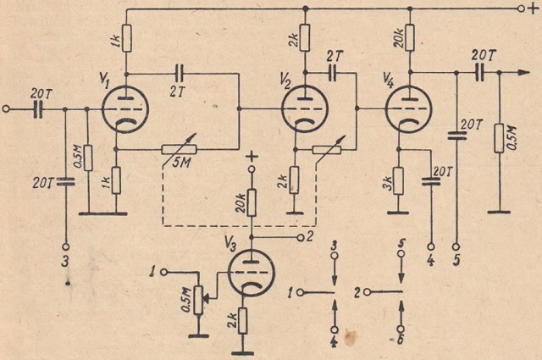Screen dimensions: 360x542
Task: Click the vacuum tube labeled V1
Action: click(x=125, y=109)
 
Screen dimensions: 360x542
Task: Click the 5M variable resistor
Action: click(x=180, y=148)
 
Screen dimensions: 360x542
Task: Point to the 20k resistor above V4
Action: click(x=409, y=36)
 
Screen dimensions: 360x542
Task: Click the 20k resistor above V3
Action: click(x=251, y=204)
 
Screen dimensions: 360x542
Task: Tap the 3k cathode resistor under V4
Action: click(x=399, y=180)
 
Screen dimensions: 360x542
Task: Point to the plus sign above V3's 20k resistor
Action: click(x=251, y=158)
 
